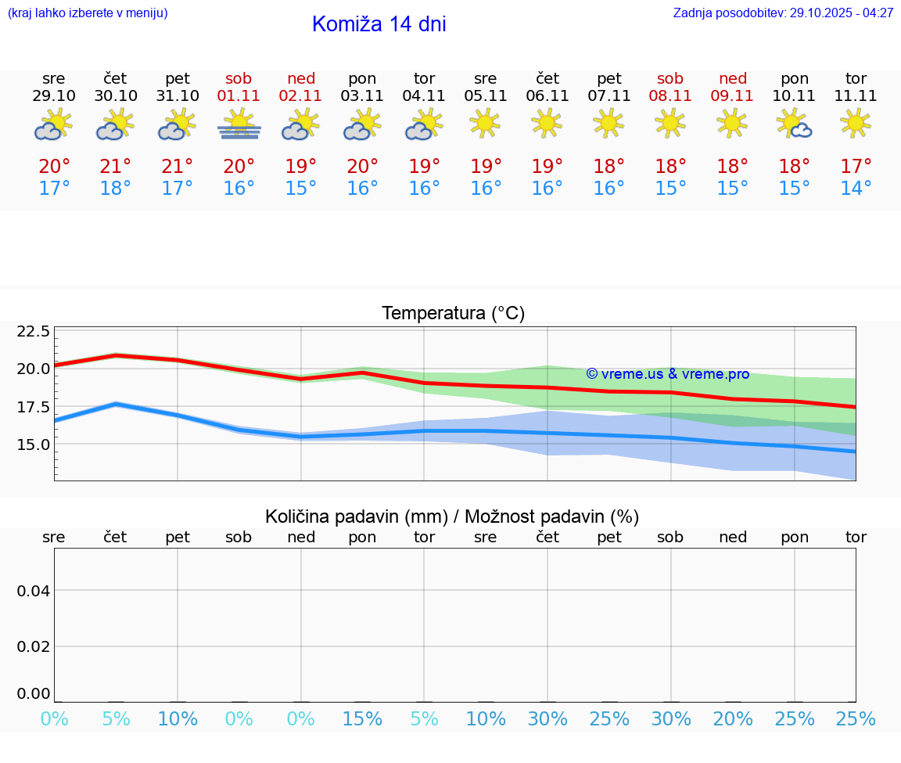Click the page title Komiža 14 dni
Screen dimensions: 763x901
(x=379, y=24)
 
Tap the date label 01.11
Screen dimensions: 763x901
(x=239, y=96)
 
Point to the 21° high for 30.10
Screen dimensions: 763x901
(x=116, y=167)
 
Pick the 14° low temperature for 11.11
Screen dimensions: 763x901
(x=856, y=189)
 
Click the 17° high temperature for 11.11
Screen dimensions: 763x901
(x=856, y=167)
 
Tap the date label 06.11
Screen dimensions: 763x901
(x=547, y=96)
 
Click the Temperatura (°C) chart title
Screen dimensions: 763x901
(x=453, y=314)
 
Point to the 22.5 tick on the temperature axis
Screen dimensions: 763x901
(x=34, y=332)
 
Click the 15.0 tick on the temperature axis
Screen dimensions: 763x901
(x=34, y=444)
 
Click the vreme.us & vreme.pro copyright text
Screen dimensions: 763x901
(x=667, y=374)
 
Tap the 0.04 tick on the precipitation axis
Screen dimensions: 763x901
(x=34, y=591)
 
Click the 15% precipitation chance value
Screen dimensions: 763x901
(x=363, y=719)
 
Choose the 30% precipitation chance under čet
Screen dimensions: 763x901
(x=547, y=719)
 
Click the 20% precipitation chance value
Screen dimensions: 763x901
(x=733, y=719)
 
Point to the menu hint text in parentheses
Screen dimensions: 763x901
(x=88, y=13)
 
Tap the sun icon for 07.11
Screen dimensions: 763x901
(x=608, y=123)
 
